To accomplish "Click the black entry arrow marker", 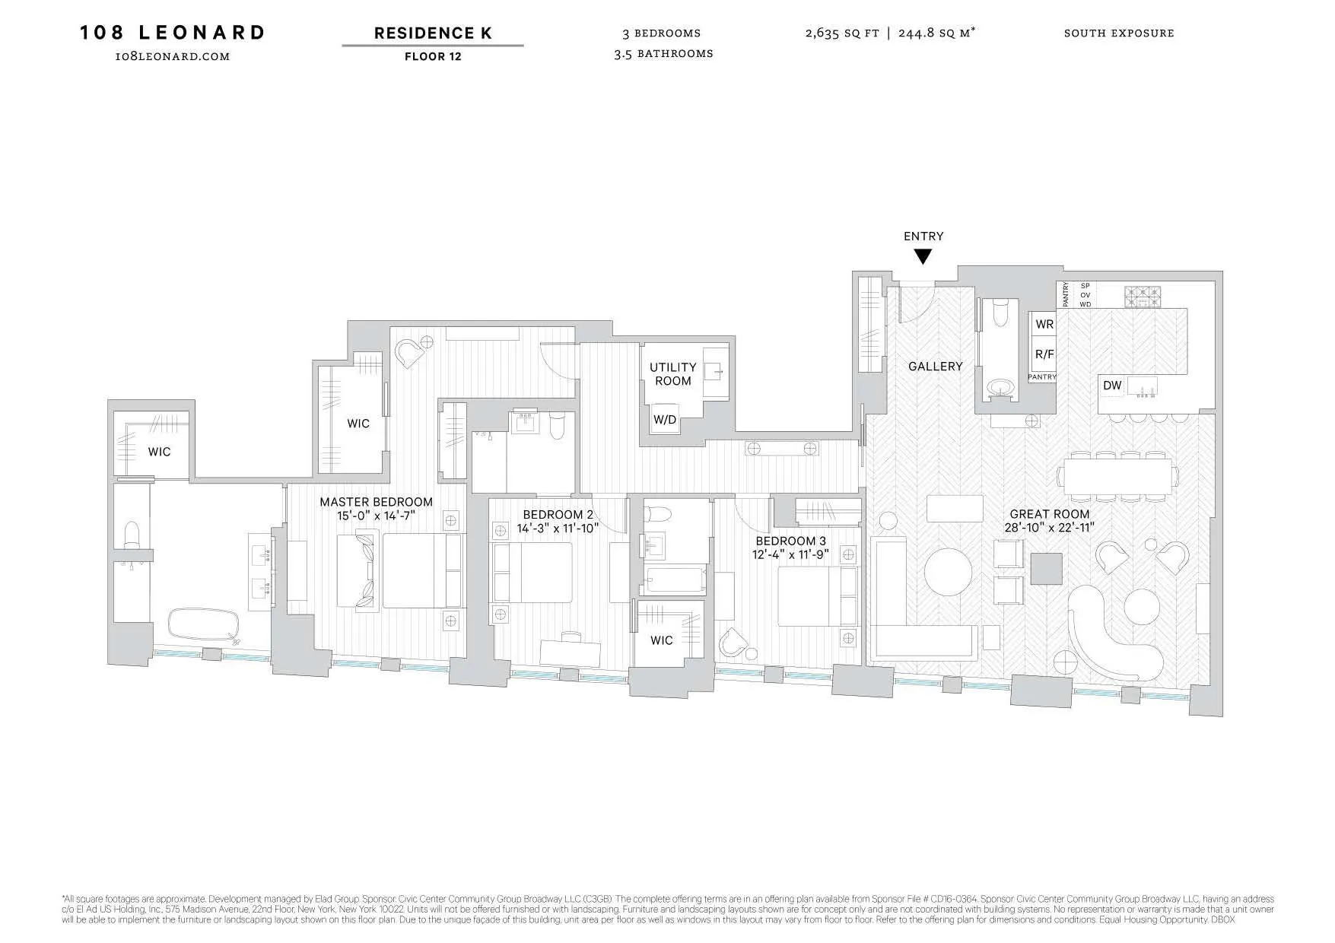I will point(922,257).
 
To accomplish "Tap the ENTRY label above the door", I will point(923,237).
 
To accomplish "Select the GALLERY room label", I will point(935,367).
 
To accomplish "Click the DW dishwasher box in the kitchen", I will point(1112,386).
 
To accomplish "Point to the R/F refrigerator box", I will point(1044,354).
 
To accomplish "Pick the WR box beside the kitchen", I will point(1044,324).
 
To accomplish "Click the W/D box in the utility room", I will point(665,420).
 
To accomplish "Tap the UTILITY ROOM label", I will point(672,374).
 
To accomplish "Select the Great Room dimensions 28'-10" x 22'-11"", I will point(1049,527).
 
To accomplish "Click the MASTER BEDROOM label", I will point(376,502).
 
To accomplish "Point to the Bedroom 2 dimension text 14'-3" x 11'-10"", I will point(558,528).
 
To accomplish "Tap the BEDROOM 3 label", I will point(790,541).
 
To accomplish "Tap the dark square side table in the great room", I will point(1046,568).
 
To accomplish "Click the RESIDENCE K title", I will point(432,33).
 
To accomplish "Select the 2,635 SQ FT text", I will point(841,33).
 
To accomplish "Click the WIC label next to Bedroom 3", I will point(661,640).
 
